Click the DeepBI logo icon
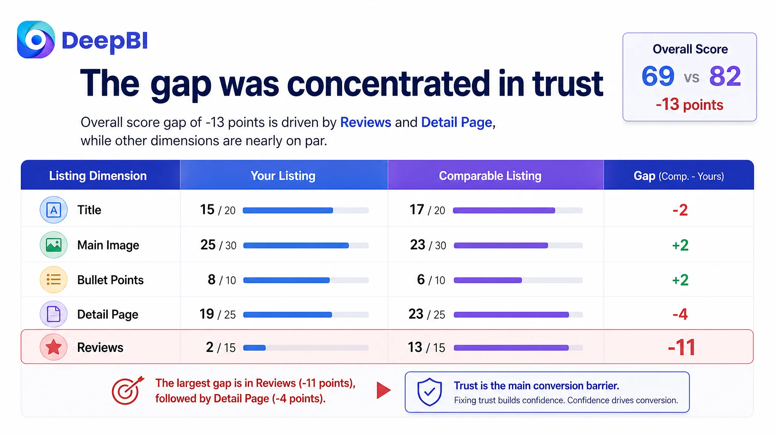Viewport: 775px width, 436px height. pos(36,39)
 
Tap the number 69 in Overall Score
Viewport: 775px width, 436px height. pos(658,76)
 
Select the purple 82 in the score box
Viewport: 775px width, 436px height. pos(725,76)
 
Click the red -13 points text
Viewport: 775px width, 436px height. pos(689,104)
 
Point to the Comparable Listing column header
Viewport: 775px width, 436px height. pos(490,176)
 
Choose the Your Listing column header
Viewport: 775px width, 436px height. pos(283,176)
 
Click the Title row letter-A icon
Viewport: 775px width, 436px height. pos(54,210)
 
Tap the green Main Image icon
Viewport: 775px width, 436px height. pos(54,245)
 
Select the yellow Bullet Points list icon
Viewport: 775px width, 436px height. pos(54,280)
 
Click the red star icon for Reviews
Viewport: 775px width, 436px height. pos(54,347)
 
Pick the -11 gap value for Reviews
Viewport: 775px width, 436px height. pos(682,347)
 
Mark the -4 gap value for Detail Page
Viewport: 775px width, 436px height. pos(680,314)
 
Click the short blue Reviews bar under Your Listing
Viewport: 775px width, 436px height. pos(254,347)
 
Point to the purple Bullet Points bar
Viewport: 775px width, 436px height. pos(488,280)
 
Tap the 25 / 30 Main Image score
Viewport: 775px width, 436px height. pos(218,245)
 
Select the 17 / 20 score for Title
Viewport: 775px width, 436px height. pos(427,210)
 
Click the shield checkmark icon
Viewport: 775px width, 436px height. pos(430,392)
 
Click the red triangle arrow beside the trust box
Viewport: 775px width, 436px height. pos(384,390)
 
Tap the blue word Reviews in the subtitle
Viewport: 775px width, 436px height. pos(366,122)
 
